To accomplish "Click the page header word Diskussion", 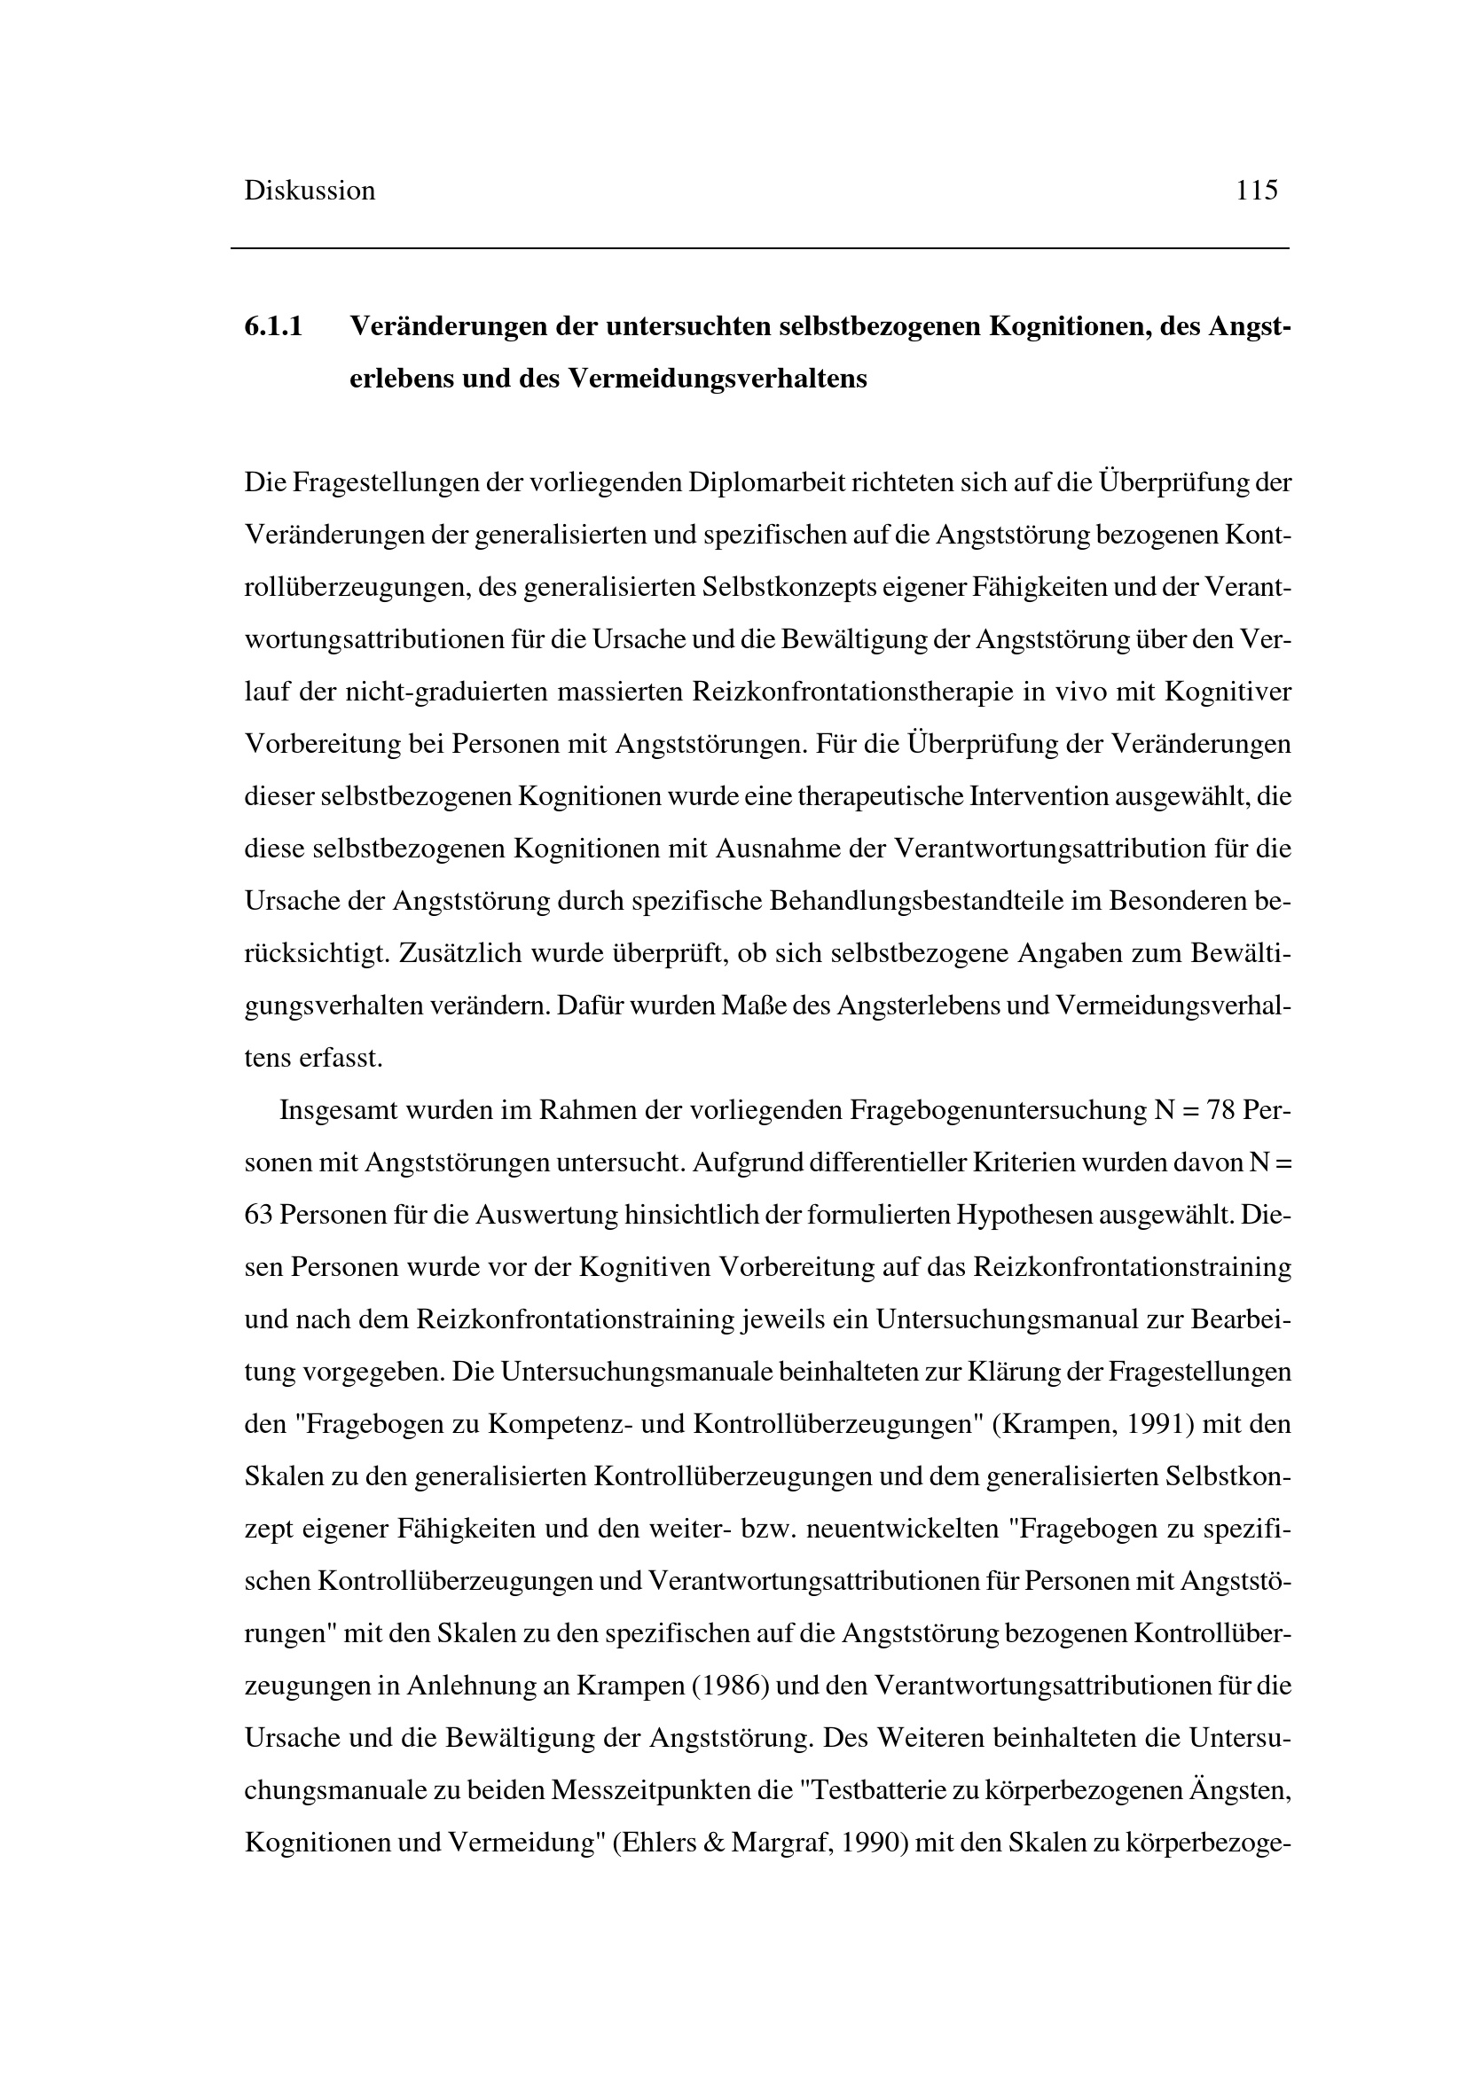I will pos(309,191).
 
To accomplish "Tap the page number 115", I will pos(1257,191).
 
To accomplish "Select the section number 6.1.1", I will pos(273,326).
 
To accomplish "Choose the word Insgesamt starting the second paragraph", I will pos(339,1110).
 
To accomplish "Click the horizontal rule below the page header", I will pos(759,248).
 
